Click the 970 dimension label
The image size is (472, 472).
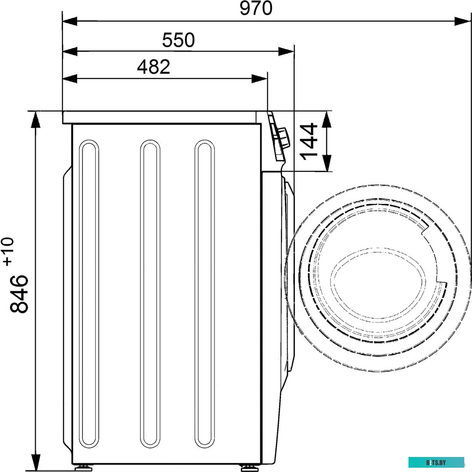[256, 9]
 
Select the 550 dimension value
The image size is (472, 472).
[179, 40]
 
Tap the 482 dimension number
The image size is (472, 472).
[154, 67]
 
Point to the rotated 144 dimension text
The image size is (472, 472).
[309, 141]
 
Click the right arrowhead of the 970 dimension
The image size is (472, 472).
[463, 21]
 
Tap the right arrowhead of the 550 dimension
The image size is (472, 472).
[286, 51]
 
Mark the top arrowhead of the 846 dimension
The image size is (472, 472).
[36, 119]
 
